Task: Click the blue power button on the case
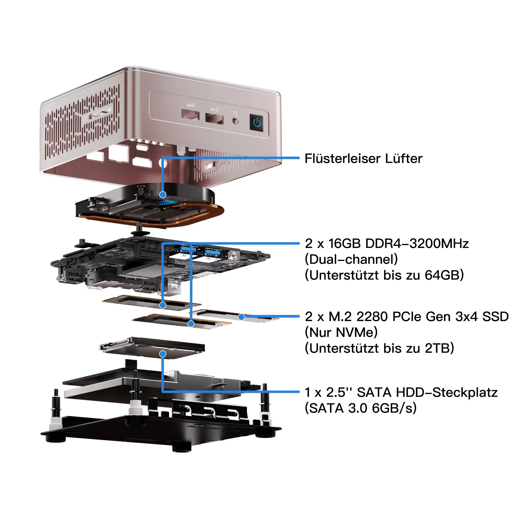(257, 123)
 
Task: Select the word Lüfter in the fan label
(404, 158)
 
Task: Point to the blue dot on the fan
(163, 195)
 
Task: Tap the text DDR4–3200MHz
(417, 243)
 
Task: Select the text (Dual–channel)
(351, 259)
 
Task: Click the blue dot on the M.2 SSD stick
(242, 317)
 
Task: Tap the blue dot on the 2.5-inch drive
(163, 354)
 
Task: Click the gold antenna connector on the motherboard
(233, 256)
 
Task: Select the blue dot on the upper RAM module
(163, 305)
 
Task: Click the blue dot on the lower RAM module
(191, 324)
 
